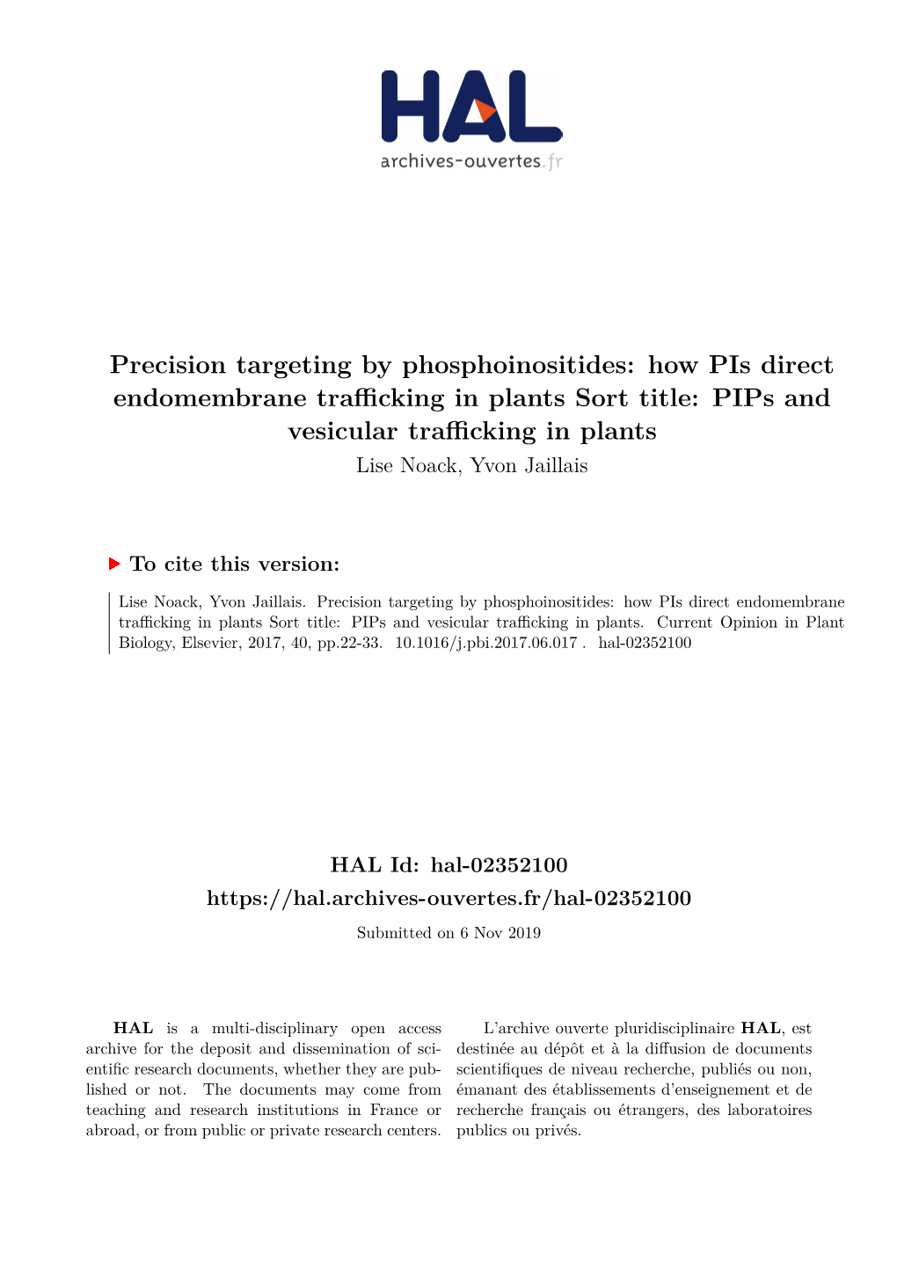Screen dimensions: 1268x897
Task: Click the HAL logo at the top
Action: pyautogui.click(x=470, y=106)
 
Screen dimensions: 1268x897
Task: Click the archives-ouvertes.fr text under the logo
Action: pyautogui.click(x=470, y=161)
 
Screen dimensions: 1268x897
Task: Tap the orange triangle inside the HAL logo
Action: pyautogui.click(x=483, y=112)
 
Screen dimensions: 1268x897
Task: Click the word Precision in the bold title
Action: pyautogui.click(x=168, y=364)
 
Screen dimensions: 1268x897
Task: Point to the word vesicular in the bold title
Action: pyautogui.click(x=342, y=431)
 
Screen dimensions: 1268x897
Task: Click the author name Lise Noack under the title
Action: pyautogui.click(x=406, y=465)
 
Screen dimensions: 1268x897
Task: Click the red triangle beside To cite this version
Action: pyautogui.click(x=114, y=563)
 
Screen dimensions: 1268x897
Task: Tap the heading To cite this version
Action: pyautogui.click(x=234, y=564)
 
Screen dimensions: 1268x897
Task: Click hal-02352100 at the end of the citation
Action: pyautogui.click(x=645, y=643)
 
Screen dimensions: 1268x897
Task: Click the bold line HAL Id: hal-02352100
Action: pyautogui.click(x=448, y=864)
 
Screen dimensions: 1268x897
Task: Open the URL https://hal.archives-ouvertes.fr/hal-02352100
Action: pyautogui.click(x=448, y=898)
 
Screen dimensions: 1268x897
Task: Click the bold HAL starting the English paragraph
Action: pyautogui.click(x=134, y=1028)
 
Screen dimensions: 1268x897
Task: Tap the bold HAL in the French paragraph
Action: pyautogui.click(x=761, y=1028)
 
